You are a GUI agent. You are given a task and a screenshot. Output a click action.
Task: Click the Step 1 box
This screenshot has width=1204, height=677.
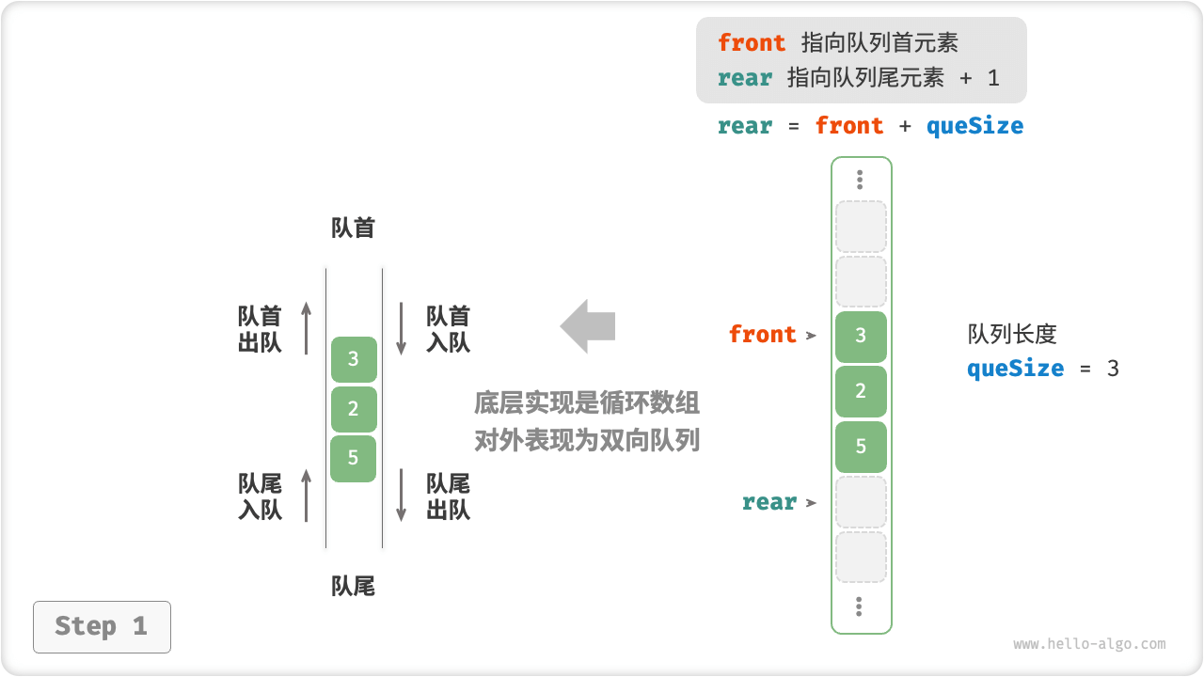coord(102,627)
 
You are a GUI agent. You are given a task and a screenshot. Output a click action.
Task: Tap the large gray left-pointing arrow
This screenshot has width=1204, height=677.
coord(588,326)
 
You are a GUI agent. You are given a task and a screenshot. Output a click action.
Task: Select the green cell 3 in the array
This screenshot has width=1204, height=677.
coord(861,336)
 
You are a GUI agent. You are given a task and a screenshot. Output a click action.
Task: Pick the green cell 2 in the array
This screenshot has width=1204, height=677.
coord(861,391)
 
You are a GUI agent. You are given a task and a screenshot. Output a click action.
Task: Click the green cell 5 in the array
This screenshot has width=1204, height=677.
coord(861,447)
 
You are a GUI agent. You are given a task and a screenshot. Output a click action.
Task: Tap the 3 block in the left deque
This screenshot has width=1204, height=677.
coord(354,359)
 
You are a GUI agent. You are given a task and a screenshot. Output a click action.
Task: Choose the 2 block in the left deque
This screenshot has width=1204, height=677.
coord(354,409)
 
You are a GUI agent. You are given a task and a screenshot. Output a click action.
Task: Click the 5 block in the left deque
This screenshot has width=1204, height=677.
coord(354,458)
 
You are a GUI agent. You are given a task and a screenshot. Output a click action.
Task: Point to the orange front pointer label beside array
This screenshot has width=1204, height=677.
coord(763,335)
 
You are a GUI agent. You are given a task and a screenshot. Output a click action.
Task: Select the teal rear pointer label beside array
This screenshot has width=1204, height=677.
coord(769,502)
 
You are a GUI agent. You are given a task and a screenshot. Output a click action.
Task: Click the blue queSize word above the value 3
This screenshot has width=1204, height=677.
coord(1015,369)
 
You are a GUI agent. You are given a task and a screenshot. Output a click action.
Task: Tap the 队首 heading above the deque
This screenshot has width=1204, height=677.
coord(354,228)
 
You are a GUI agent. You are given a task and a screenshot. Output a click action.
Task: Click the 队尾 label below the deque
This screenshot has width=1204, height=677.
coord(354,587)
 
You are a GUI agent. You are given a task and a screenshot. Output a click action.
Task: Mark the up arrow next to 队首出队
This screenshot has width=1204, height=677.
coord(306,328)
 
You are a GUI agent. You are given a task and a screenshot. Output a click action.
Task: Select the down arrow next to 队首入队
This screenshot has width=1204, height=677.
coord(402,328)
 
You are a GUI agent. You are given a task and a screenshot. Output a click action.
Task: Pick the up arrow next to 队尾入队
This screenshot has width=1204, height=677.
coord(306,496)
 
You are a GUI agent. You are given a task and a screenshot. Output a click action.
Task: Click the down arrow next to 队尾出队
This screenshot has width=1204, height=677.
coord(402,496)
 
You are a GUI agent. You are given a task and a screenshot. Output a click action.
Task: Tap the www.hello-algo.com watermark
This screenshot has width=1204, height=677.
coord(1089,645)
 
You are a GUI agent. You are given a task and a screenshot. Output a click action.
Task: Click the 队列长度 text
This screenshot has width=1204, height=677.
coord(1012,334)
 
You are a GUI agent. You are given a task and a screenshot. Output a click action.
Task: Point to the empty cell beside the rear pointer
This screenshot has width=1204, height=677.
coord(861,502)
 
